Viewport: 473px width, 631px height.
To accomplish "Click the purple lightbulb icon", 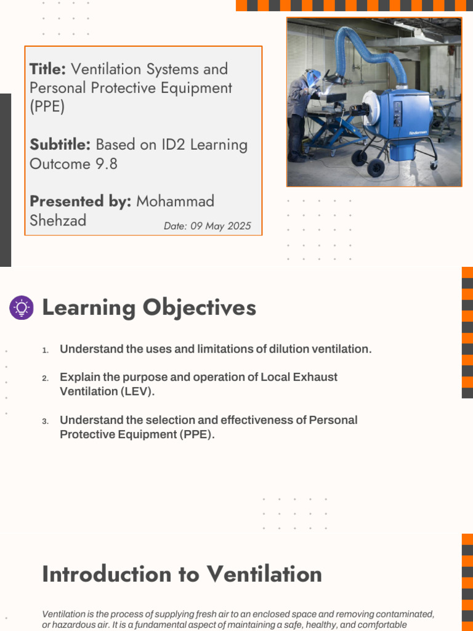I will (22, 307).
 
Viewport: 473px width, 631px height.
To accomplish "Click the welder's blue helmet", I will (313, 77).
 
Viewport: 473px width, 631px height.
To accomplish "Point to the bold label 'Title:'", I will (47, 69).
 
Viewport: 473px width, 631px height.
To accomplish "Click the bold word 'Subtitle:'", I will (60, 145).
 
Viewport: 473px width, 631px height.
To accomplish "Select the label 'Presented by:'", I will (80, 202).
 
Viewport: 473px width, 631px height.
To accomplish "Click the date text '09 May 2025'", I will (220, 226).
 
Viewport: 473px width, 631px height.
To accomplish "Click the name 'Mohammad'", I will (175, 202).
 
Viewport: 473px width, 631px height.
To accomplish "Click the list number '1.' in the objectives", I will (45, 350).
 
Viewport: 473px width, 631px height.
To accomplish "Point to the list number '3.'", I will (45, 421).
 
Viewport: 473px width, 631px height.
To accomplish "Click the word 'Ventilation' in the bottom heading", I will (264, 574).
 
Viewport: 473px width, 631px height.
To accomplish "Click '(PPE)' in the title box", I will (47, 107).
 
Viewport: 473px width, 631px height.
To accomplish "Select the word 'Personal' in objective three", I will (333, 420).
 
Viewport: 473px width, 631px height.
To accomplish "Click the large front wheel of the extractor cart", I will (376, 168).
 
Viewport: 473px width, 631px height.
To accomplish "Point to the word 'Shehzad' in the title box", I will (58, 221).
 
